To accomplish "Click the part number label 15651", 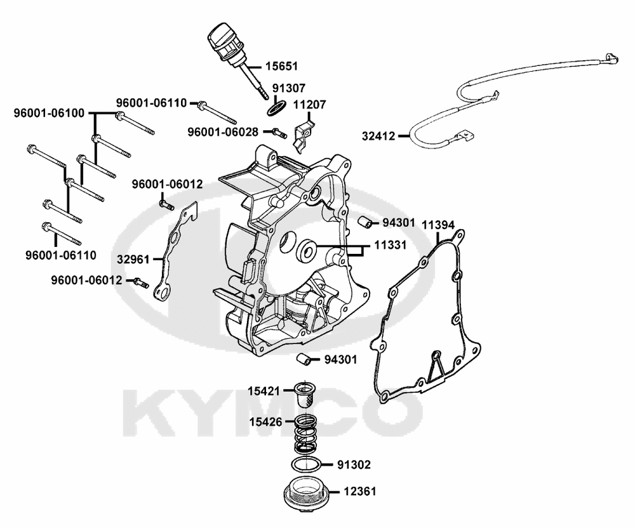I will click(x=281, y=66).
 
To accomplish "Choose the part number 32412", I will click(x=378, y=135).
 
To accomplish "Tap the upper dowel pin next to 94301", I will click(x=364, y=221).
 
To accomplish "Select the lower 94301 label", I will click(x=340, y=360).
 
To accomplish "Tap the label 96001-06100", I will click(x=49, y=114).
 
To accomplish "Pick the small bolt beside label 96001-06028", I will click(x=276, y=133).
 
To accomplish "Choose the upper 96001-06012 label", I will click(x=167, y=185).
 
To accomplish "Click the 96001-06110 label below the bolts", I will click(x=61, y=255).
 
